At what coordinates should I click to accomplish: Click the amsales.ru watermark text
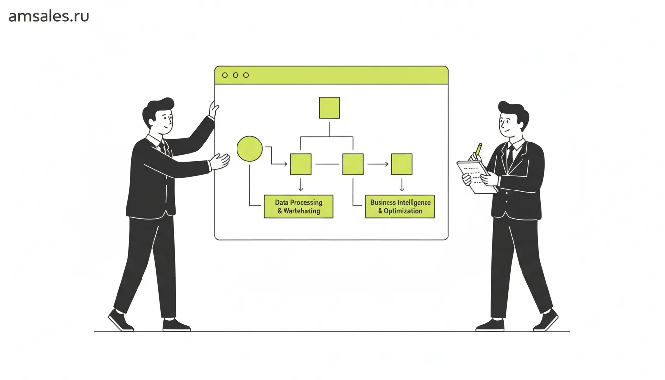[48, 16]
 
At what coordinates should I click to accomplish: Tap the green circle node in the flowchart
[250, 148]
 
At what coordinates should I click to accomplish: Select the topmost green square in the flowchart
[329, 108]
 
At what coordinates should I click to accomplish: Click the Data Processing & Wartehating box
[299, 207]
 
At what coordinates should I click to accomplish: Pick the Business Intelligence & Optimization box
[400, 207]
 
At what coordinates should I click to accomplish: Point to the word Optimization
[403, 211]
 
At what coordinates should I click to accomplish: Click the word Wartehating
[301, 211]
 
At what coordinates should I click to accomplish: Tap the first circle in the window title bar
[225, 75]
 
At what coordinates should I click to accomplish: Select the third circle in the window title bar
[246, 75]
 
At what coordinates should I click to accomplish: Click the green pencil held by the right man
[478, 149]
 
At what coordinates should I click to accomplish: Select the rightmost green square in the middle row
[402, 164]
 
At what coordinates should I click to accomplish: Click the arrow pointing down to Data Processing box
[301, 185]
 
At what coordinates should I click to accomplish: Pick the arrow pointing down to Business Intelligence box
[402, 185]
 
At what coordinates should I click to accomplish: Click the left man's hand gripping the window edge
[214, 109]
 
